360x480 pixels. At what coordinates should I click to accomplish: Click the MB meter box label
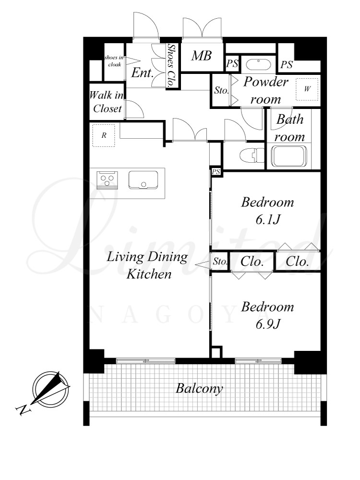202,56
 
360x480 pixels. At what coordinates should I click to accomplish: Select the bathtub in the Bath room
288,156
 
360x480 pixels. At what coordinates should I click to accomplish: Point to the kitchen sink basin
143,180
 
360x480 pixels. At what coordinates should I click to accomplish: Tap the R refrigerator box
104,135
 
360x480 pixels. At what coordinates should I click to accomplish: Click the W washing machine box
307,89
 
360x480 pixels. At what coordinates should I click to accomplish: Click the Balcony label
199,389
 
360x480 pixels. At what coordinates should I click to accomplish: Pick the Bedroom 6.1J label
267,211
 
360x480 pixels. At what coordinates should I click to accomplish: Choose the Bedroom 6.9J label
267,315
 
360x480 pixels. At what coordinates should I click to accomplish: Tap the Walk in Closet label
107,102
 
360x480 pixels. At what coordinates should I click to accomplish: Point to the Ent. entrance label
143,73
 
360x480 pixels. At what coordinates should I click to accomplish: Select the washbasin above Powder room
259,65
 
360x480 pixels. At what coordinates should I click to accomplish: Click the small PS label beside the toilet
216,172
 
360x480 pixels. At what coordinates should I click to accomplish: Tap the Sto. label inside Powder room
221,90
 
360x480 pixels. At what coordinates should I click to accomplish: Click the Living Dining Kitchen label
147,265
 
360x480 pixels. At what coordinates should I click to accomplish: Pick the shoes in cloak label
114,61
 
